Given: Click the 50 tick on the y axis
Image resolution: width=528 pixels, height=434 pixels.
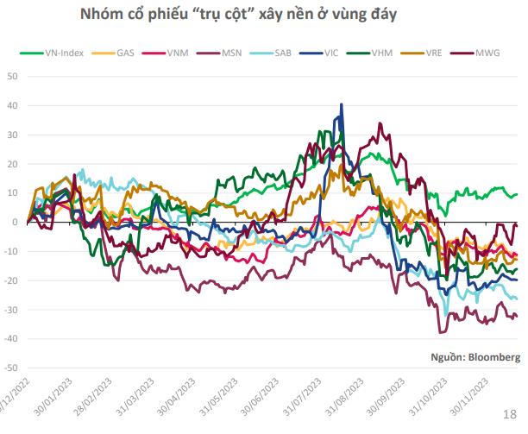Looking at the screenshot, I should (11, 76).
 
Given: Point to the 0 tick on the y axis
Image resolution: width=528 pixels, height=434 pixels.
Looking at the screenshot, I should (15, 222).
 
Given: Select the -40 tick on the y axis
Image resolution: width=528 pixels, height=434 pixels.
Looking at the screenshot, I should (9, 339).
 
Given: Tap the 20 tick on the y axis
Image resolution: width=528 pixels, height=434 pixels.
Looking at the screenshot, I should (11, 164).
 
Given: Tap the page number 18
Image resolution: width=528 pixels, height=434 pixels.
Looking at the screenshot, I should (509, 416).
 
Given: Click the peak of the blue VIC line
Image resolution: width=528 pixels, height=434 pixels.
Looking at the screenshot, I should (342, 104).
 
